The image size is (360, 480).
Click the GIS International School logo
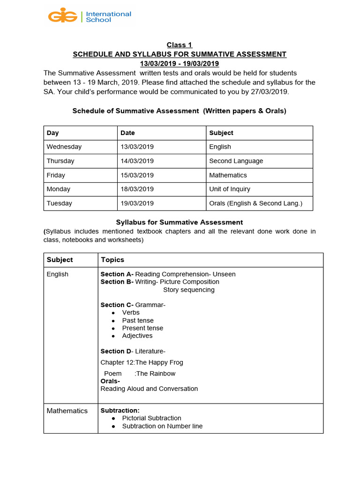coord(90,16)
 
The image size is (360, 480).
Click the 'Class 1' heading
coord(180,45)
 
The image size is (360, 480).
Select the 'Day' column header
coord(53,133)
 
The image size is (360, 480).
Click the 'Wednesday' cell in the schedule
coord(64,147)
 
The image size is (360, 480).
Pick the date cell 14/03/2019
coord(137,161)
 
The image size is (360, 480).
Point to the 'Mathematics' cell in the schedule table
coord(228,175)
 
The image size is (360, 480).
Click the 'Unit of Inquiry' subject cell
coord(230,189)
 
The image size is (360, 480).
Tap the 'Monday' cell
coord(59,189)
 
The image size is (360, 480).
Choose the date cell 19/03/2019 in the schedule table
coord(137,203)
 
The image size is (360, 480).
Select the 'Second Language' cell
coord(236,161)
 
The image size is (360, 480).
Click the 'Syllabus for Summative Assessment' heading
coord(179,222)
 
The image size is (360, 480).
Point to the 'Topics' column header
coord(112,260)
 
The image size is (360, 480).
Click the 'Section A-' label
coord(117,274)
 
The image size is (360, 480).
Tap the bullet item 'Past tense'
coord(138,320)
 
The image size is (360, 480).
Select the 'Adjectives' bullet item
coord(137,336)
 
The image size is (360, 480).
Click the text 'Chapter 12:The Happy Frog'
coord(142,362)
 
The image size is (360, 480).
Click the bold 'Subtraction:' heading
coord(120,411)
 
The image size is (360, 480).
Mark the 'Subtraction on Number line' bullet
coord(162,426)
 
